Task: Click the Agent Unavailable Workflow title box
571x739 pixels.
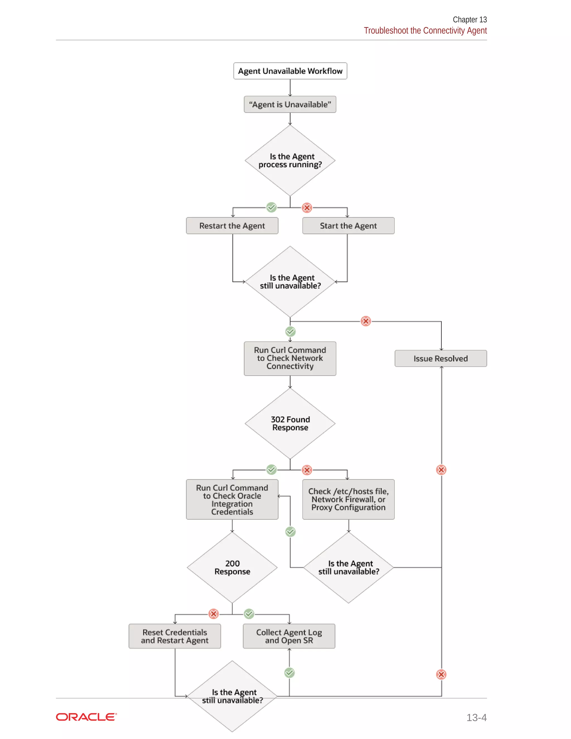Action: pyautogui.click(x=290, y=71)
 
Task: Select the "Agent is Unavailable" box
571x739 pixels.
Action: pyautogui.click(x=290, y=104)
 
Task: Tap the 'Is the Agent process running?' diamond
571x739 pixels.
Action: pyautogui.click(x=290, y=160)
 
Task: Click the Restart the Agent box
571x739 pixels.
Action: pyautogui.click(x=232, y=226)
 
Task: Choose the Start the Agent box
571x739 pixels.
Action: pyautogui.click(x=348, y=226)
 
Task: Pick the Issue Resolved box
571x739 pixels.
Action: pyautogui.click(x=441, y=359)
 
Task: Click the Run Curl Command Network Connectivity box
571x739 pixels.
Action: pyautogui.click(x=290, y=358)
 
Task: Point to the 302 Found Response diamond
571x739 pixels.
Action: pyautogui.click(x=290, y=423)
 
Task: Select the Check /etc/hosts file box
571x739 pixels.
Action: pyautogui.click(x=348, y=499)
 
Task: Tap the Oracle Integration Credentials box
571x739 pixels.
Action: pyautogui.click(x=232, y=499)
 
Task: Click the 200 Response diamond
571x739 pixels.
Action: pyautogui.click(x=232, y=567)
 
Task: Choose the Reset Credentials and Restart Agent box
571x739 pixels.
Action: pyautogui.click(x=175, y=636)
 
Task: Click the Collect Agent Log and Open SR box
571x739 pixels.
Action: pyautogui.click(x=289, y=636)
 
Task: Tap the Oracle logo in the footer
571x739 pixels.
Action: pyautogui.click(x=86, y=717)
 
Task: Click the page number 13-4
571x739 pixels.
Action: pyautogui.click(x=476, y=717)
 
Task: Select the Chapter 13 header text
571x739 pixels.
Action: pyautogui.click(x=470, y=20)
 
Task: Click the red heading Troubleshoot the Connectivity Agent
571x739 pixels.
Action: pyautogui.click(x=425, y=30)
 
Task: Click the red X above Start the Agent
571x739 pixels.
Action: pyautogui.click(x=307, y=207)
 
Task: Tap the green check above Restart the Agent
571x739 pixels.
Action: pyautogui.click(x=271, y=207)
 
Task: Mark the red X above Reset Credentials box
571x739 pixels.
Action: pyautogui.click(x=214, y=614)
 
